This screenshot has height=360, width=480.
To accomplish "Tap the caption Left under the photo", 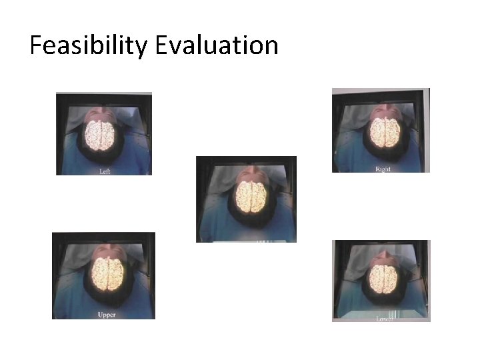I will click(105, 171).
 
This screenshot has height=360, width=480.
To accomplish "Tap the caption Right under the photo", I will click(383, 169).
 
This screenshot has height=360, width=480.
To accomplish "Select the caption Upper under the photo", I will click(107, 313).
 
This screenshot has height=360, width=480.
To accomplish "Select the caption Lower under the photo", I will click(385, 319).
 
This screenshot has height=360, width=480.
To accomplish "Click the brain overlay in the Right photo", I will click(385, 133).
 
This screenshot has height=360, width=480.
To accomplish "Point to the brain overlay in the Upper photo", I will click(107, 273).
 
